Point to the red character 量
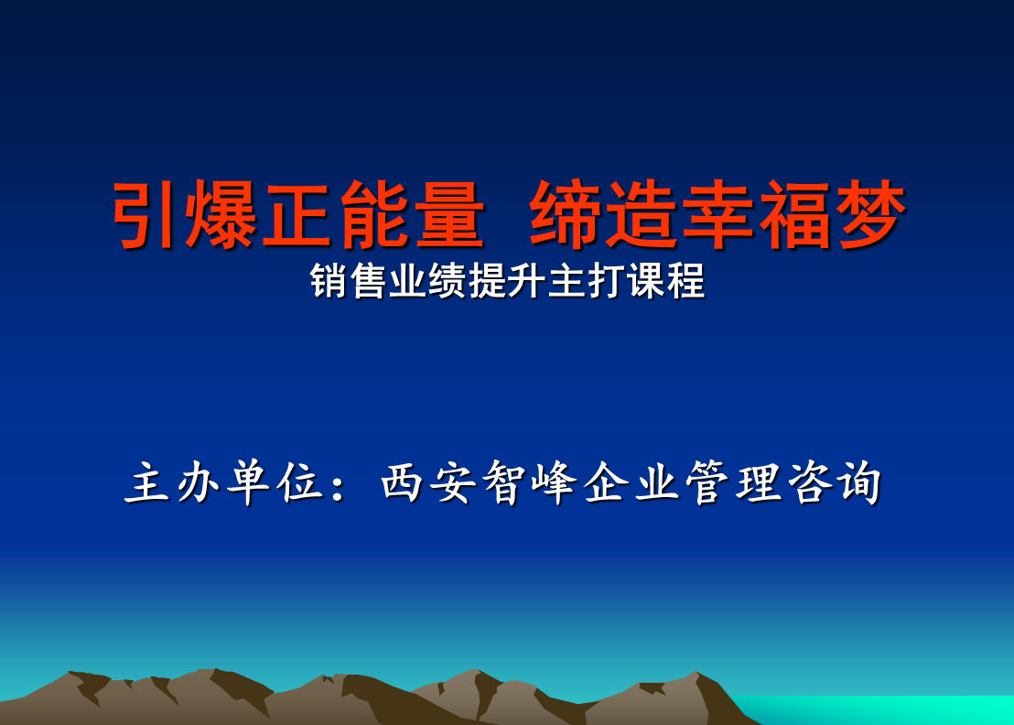pyautogui.click(x=448, y=214)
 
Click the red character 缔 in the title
pyautogui.click(x=565, y=214)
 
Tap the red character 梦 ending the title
pyautogui.click(x=870, y=214)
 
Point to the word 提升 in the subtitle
pyautogui.click(x=506, y=281)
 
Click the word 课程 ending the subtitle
pyautogui.click(x=665, y=281)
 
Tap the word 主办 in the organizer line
pyautogui.click(x=172, y=482)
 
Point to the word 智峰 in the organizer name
pyautogui.click(x=529, y=482)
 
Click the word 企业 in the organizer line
pyautogui.click(x=631, y=482)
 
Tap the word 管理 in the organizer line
pyautogui.click(x=733, y=482)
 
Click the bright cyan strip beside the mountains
pyautogui.click(x=879, y=710)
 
